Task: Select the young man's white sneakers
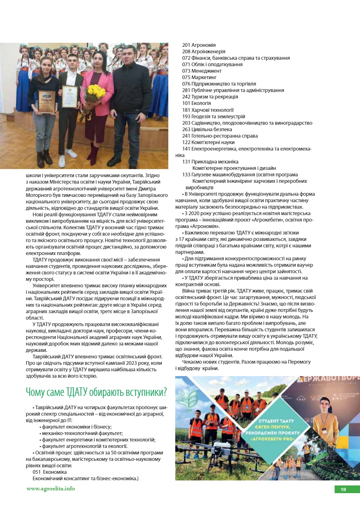(x=67, y=155)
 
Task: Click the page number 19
(x=343, y=490)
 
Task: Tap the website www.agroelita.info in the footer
(x=50, y=489)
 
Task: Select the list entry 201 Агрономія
(x=199, y=45)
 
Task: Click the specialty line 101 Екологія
(x=197, y=103)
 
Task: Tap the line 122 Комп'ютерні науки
(x=208, y=142)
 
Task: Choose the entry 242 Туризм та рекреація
(x=210, y=97)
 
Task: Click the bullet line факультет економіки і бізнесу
(x=77, y=427)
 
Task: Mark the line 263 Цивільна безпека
(x=207, y=130)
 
